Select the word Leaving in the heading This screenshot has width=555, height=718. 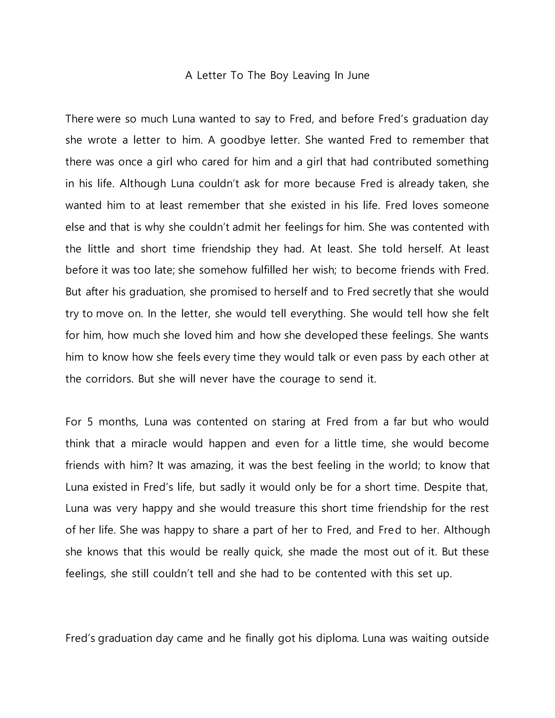click(311, 76)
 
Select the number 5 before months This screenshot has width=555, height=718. click(90, 422)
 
